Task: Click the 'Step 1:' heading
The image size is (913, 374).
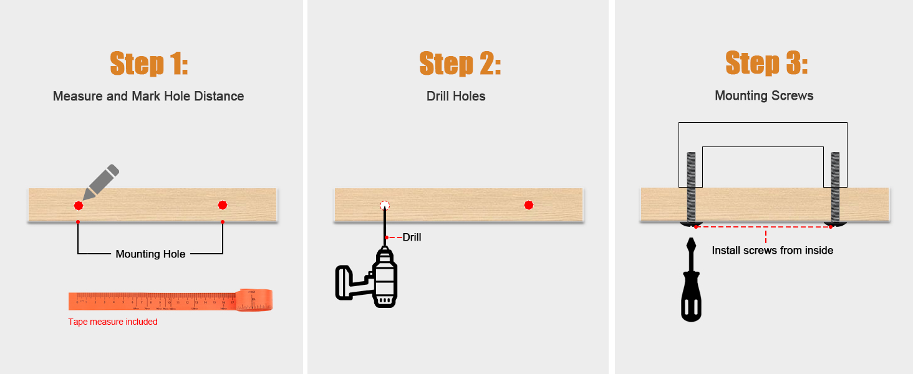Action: coord(148,64)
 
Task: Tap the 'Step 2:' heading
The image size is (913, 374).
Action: coord(460,64)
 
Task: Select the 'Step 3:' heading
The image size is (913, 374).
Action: coord(766,64)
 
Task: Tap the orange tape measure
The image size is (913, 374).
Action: coord(170,300)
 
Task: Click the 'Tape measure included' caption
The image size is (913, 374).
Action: coord(113,322)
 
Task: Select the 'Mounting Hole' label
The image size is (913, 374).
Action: coord(150,254)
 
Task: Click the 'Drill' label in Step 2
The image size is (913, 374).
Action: coord(412,237)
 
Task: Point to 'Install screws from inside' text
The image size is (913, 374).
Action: coord(773,251)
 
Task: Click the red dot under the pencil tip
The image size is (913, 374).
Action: coord(79,205)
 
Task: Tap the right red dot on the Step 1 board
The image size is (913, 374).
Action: coord(223,205)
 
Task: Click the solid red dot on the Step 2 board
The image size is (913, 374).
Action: coord(529,205)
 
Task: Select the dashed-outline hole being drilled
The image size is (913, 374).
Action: coord(385,205)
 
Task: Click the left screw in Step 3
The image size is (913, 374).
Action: coord(691,187)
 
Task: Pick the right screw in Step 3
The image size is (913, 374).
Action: coord(835,187)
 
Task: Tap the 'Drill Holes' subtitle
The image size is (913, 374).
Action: coord(456,97)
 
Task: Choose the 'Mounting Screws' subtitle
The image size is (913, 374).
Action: coord(764,96)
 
